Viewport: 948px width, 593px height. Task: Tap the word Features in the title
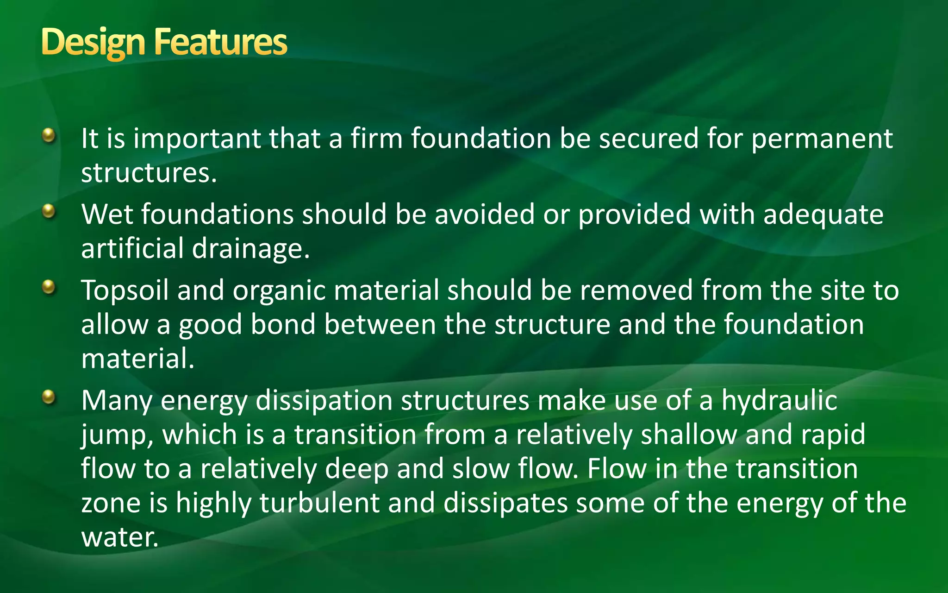[x=221, y=42]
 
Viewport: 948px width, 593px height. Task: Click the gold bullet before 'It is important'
[x=48, y=136]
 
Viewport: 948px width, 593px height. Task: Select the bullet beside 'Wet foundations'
[x=48, y=212]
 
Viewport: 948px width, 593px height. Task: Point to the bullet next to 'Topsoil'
[x=48, y=288]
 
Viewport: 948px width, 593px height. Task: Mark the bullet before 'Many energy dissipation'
[x=48, y=397]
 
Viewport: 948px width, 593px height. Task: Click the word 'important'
[x=197, y=139]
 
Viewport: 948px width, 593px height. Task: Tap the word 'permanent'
[x=822, y=139]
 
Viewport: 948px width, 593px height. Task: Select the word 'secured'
[x=649, y=139]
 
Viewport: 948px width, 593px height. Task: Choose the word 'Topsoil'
[x=125, y=291]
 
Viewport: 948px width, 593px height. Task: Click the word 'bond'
[x=283, y=324]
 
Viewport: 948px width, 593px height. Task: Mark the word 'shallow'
[x=689, y=435]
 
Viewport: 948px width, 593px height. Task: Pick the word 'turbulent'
[x=319, y=503]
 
